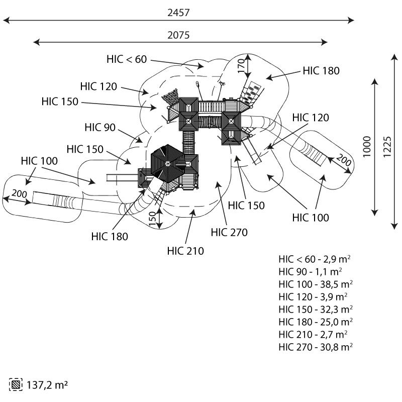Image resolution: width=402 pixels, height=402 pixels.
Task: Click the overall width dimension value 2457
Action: click(178, 13)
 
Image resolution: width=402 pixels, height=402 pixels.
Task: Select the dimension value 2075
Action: click(178, 35)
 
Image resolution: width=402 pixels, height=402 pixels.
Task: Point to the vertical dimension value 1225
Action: click(387, 145)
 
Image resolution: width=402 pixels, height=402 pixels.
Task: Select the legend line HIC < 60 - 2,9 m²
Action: click(315, 260)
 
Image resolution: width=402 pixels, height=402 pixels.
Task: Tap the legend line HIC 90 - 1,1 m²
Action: click(311, 272)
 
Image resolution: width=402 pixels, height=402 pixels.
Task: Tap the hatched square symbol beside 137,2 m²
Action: click(16, 385)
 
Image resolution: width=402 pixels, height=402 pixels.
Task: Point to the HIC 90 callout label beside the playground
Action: click(100, 127)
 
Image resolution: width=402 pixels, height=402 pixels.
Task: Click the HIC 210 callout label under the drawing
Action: click(186, 251)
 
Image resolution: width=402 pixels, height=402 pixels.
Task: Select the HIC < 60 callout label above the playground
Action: click(127, 59)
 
